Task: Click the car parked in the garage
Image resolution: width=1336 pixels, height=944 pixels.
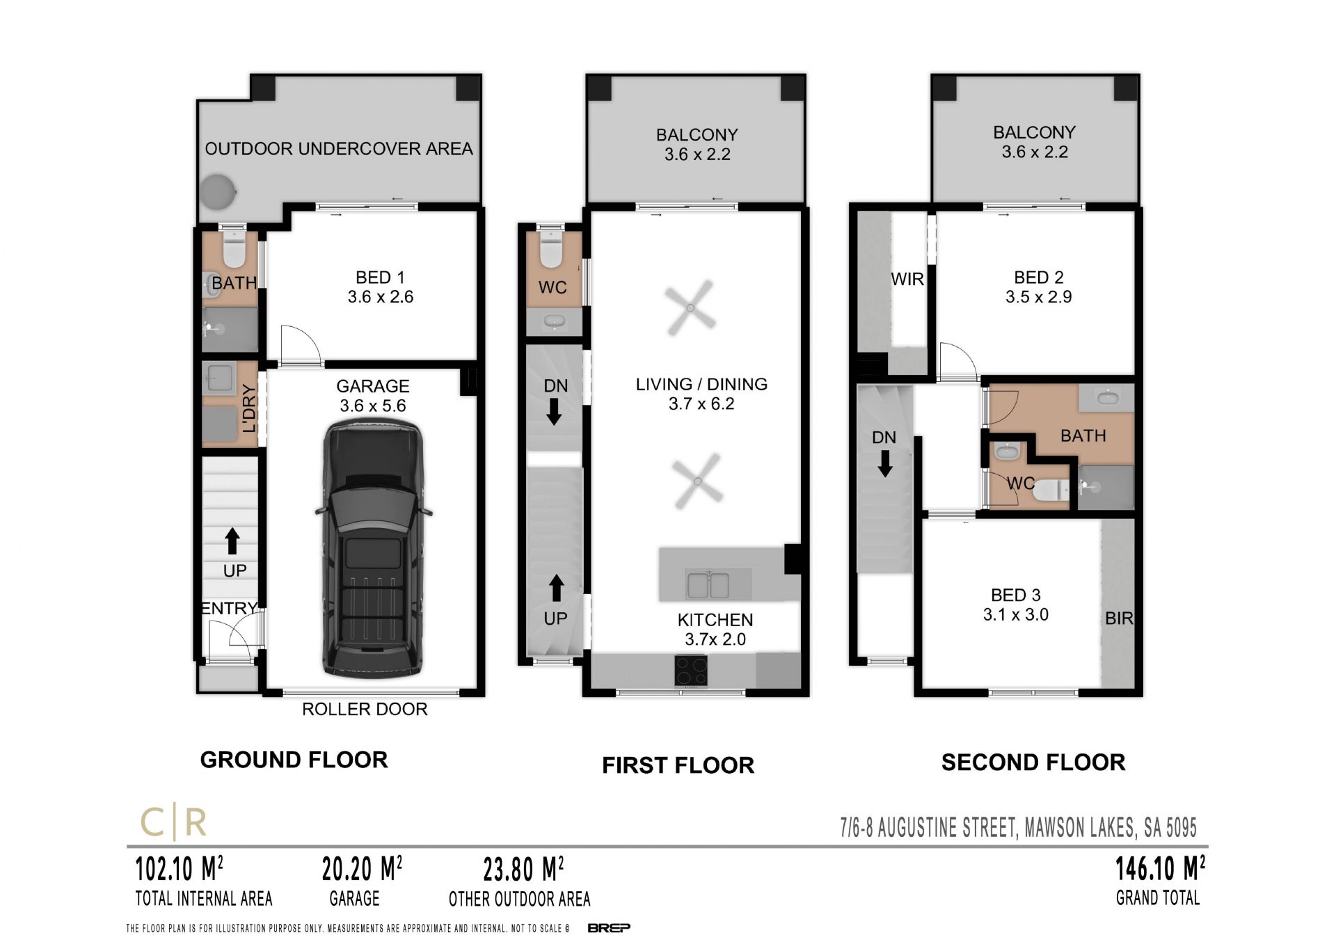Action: coord(373,550)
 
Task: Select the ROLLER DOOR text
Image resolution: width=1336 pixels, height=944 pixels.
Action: coord(365,709)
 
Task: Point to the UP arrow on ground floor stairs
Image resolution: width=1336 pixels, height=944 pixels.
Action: coord(232,541)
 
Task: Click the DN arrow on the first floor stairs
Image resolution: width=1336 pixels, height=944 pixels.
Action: coord(554,411)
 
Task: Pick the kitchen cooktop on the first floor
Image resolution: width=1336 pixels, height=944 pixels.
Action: coord(691,671)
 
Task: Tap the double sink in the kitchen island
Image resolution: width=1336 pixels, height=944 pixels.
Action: coord(708,585)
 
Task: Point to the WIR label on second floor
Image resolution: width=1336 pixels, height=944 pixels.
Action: coord(907,279)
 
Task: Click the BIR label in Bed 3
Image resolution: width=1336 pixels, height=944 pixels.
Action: coord(1119,618)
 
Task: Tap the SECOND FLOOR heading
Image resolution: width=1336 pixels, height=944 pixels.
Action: coord(1033,762)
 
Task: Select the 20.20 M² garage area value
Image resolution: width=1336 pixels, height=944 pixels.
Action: coord(362,869)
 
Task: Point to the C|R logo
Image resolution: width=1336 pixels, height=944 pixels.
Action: coord(174,823)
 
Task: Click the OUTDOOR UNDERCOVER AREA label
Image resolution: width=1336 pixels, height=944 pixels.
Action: coord(339,149)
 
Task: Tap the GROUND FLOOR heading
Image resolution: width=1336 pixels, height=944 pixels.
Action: coord(294,760)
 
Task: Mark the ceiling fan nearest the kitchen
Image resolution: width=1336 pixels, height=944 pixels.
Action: coord(698,481)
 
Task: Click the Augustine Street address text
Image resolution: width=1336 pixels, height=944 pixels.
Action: coord(1019,828)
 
